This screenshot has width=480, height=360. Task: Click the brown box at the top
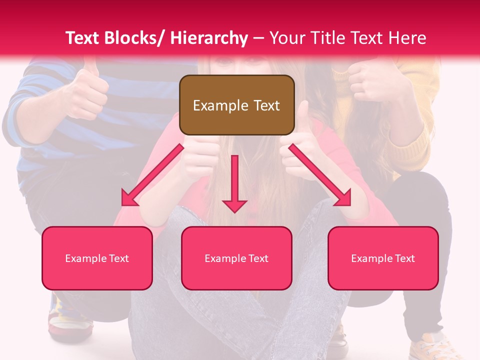(236, 105)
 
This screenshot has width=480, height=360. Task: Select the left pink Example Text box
(97, 258)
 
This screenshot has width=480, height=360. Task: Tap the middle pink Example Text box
(236, 258)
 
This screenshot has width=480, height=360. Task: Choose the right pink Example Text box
(383, 258)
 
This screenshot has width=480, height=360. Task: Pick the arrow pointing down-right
(320, 175)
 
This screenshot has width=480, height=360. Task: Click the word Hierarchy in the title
(209, 38)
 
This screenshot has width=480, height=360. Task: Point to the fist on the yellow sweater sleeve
(372, 80)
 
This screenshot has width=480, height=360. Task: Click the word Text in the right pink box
(404, 258)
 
